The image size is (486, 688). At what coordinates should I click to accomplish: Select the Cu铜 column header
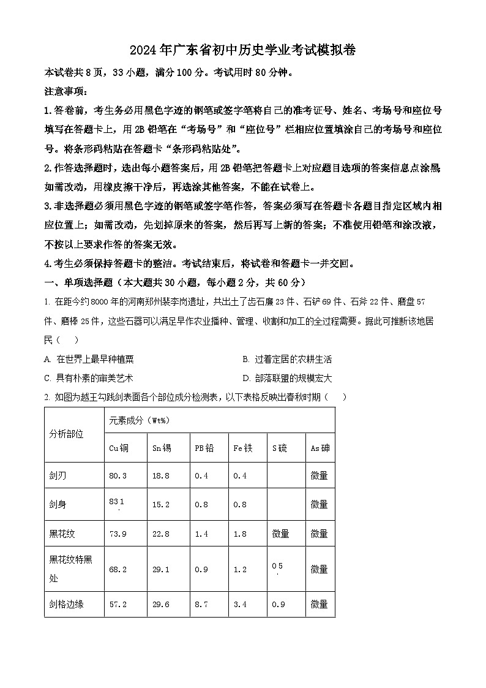tap(119, 448)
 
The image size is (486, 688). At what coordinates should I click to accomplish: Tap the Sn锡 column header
tap(162, 448)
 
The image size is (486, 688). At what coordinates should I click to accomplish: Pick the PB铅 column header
tap(204, 448)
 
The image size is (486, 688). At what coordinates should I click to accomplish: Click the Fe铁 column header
tap(242, 448)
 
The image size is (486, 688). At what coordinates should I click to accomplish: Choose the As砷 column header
tap(320, 448)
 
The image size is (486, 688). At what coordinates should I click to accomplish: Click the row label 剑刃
tap(59, 475)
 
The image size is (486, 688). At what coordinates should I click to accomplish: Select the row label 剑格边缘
tap(66, 604)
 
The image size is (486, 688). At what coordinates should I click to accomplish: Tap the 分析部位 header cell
tap(66, 434)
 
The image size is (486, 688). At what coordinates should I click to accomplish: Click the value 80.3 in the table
tap(118, 475)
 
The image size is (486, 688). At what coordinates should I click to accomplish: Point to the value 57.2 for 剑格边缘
tap(118, 604)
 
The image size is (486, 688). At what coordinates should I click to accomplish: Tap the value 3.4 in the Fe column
tap(240, 604)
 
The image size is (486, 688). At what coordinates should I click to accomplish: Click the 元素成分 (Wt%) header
tap(139, 420)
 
